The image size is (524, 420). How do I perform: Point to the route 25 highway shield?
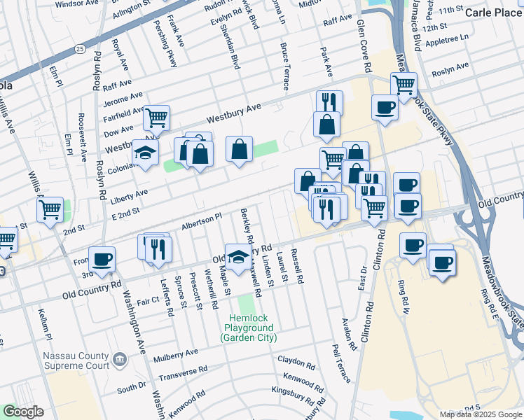pyautogui.click(x=81, y=49)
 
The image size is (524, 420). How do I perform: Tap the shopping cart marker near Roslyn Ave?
pyautogui.click(x=404, y=85)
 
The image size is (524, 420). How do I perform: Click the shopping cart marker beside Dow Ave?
pyautogui.click(x=157, y=117)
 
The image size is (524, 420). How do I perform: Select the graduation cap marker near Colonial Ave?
pyautogui.click(x=146, y=152)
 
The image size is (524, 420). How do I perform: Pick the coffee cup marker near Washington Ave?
pyautogui.click(x=102, y=259)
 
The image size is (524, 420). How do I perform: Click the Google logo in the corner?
pyautogui.click(x=23, y=412)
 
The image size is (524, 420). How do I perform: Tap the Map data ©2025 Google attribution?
pyautogui.click(x=481, y=414)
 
